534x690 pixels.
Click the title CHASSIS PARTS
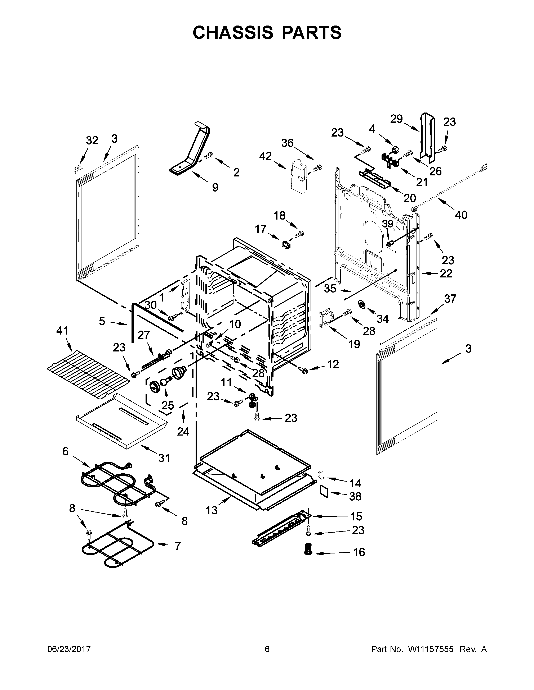pyautogui.click(x=267, y=33)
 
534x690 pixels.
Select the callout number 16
pyautogui.click(x=359, y=552)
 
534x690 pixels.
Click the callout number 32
pyautogui.click(x=92, y=141)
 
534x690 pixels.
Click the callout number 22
pyautogui.click(x=446, y=273)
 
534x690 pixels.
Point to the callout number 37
pyautogui.click(x=450, y=299)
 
